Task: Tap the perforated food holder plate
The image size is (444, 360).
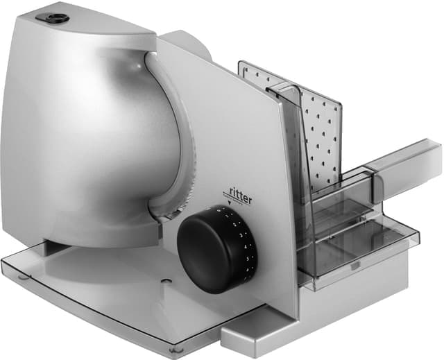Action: point(321,132)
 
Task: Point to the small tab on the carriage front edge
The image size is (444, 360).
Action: point(356,264)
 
